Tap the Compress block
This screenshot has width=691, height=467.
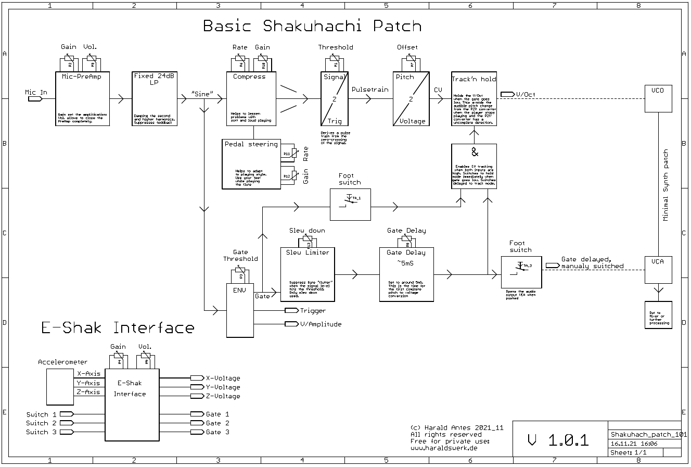coord(249,98)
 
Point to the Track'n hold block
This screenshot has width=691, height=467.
coord(474,98)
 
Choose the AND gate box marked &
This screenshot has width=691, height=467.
coord(474,166)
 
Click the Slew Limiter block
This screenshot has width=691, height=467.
coord(308,274)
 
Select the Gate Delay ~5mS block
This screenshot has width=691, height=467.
coord(406,274)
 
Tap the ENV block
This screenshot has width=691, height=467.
coord(239,310)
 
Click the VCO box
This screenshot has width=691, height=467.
coord(658,98)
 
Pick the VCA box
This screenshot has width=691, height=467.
coord(658,270)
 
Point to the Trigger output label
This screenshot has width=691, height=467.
coord(312,311)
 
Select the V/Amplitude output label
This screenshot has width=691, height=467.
coord(320,324)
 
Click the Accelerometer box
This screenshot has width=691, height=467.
coord(60,387)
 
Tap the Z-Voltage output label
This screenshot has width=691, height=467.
coord(223,396)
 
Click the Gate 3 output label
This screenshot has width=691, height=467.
coord(217,432)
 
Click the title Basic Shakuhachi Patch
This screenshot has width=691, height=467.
coord(312,26)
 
